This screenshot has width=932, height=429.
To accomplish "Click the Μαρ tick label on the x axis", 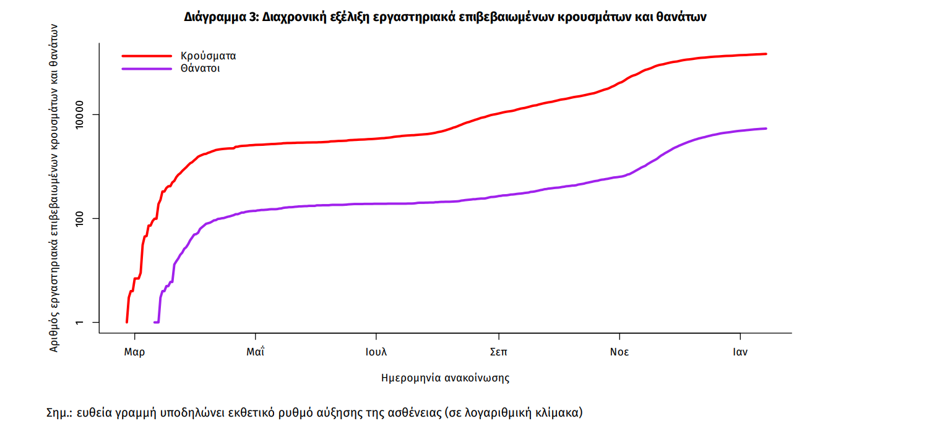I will tap(134, 352).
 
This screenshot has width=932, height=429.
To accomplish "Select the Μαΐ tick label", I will tap(255, 352).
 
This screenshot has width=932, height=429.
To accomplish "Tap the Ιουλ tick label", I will tap(376, 352).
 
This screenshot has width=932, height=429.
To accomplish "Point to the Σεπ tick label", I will tap(498, 352).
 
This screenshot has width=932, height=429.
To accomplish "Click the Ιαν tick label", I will tap(740, 352).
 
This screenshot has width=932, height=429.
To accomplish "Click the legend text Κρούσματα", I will tap(209, 56).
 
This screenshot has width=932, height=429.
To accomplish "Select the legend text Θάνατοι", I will tap(201, 69).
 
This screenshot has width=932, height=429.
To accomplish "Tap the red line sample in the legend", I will tap(147, 56).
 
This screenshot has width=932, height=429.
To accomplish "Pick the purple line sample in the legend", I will tap(147, 69).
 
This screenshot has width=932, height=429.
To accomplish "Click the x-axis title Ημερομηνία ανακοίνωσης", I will tap(445, 378).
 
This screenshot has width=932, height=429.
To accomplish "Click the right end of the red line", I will tap(766, 54).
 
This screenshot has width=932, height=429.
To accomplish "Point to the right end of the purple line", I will tap(766, 129).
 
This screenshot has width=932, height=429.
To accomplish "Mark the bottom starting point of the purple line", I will tap(155, 322).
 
